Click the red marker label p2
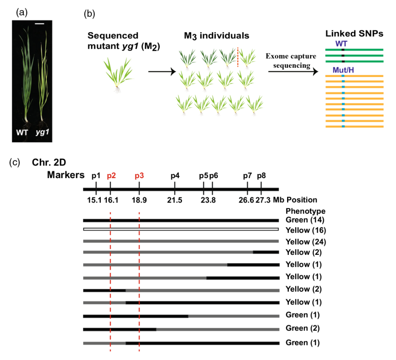(111, 176)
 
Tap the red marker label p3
(139, 176)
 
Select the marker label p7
(247, 176)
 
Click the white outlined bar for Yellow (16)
(181, 229)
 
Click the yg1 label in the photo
(43, 132)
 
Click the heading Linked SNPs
(355, 34)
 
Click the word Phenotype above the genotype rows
(305, 211)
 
